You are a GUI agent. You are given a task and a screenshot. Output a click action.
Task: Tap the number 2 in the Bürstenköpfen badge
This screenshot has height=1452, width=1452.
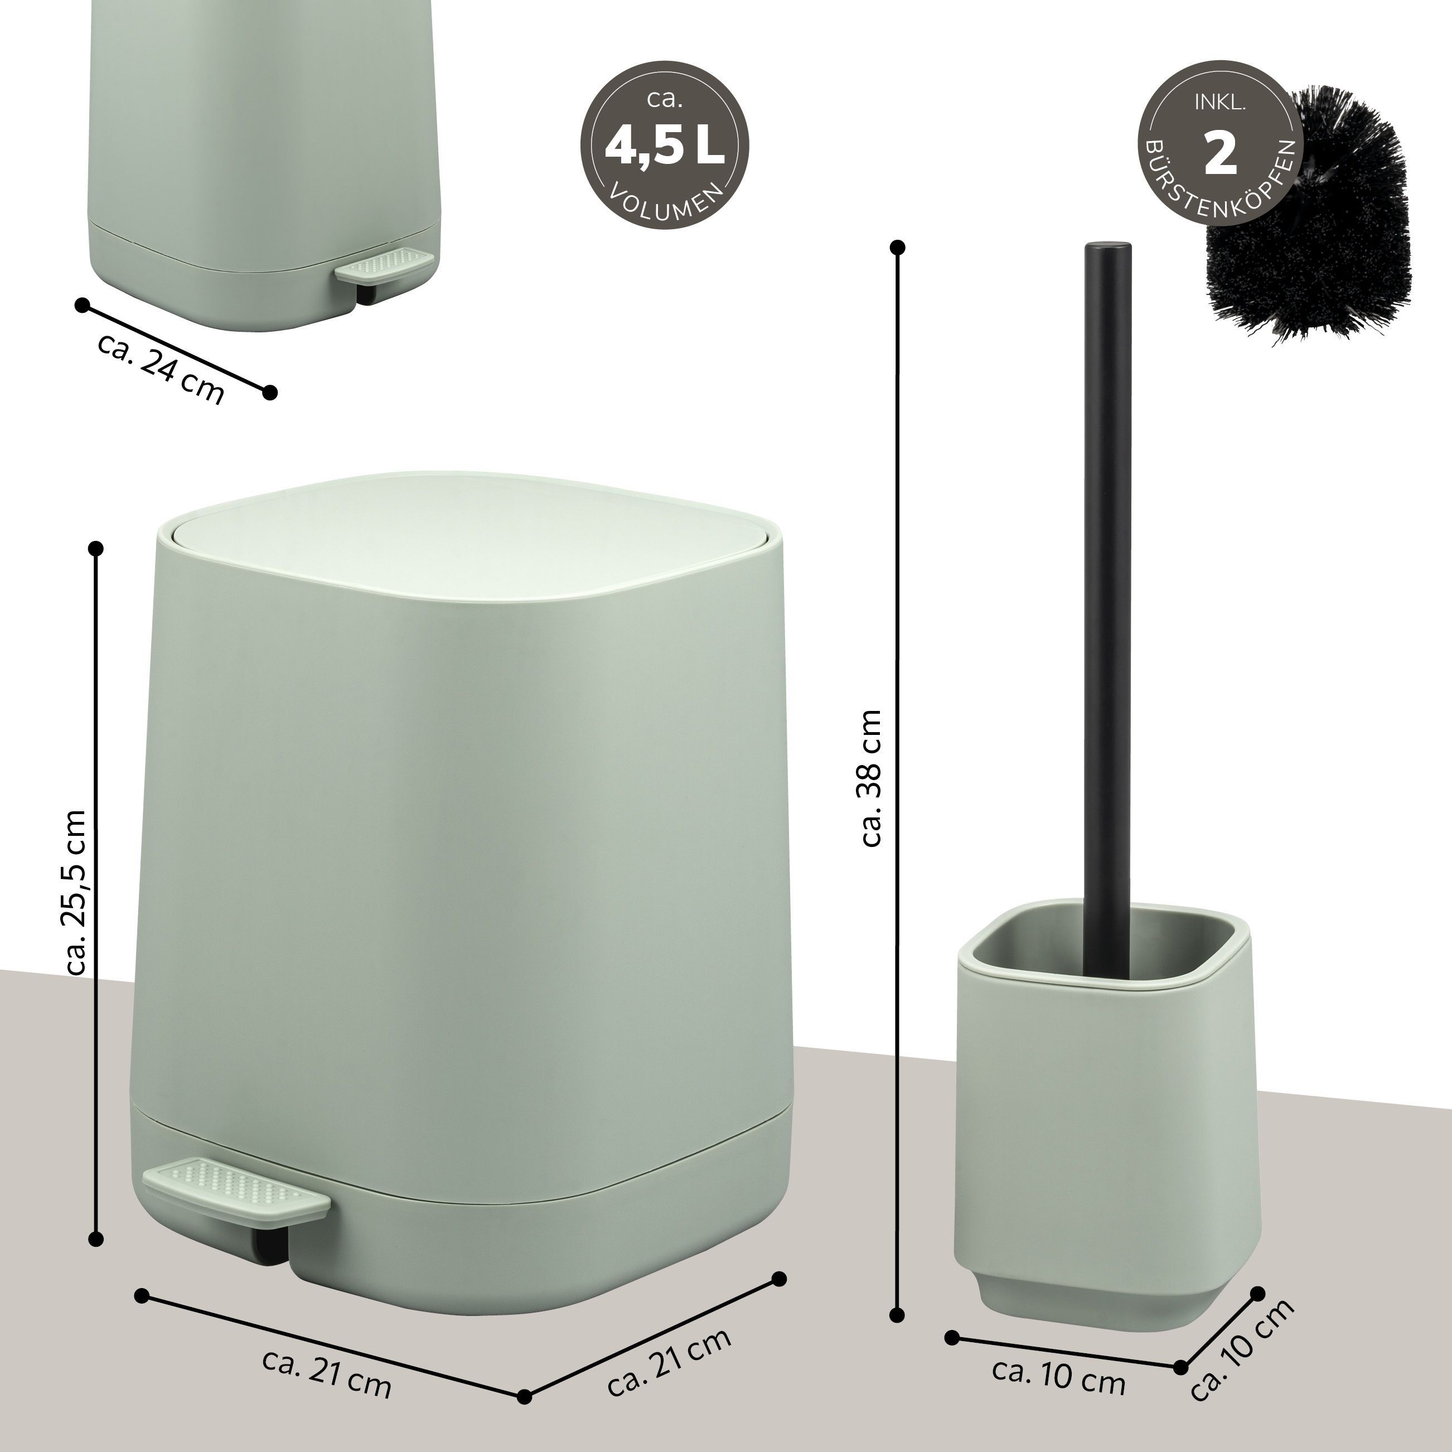coord(1221,153)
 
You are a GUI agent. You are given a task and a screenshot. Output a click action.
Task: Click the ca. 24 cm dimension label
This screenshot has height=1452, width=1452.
coord(161,367)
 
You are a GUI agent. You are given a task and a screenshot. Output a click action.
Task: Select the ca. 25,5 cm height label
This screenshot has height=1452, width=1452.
coord(78,892)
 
